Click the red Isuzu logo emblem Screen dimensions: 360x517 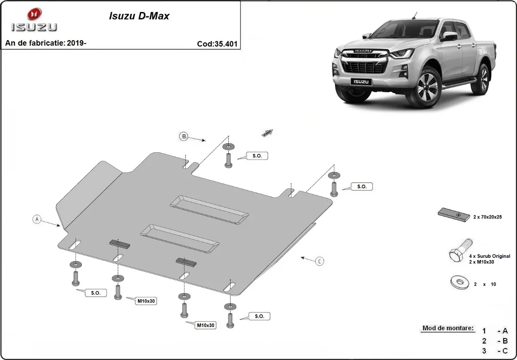(34, 14)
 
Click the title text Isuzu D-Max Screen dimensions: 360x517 (138, 16)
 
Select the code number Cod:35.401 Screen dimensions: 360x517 (217, 44)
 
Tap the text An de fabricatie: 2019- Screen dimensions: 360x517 (46, 43)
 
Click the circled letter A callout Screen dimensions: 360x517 (37, 219)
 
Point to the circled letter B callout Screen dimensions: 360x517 (184, 137)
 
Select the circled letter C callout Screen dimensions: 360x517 (319, 261)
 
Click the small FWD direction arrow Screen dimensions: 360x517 (267, 133)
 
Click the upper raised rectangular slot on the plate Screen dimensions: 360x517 (209, 209)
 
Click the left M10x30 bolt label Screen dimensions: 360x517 (146, 301)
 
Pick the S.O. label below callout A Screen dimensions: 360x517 (95, 293)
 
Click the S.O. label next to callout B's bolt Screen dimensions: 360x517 (257, 156)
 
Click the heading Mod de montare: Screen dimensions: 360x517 (448, 328)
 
